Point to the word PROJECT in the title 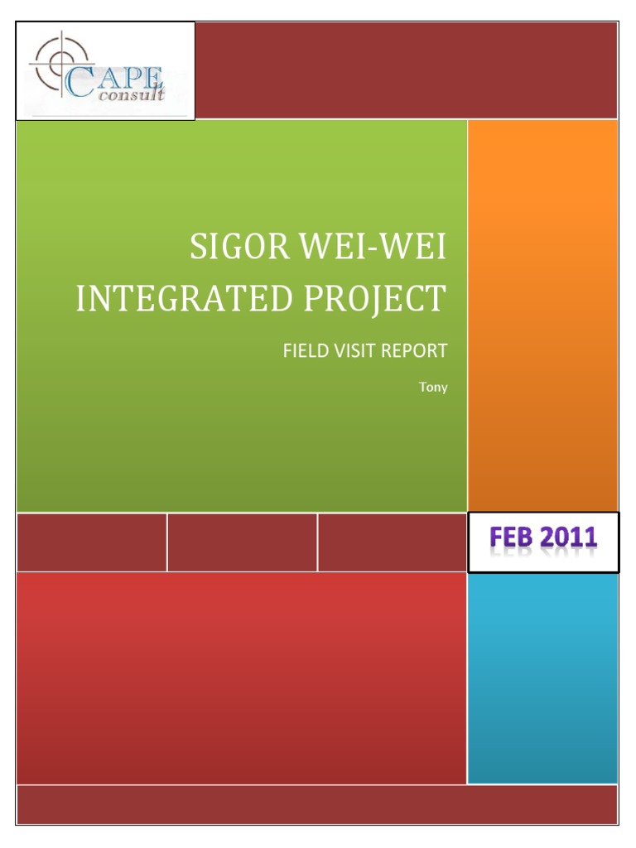coord(374,299)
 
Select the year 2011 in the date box coord(568,539)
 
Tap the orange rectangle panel coord(542,315)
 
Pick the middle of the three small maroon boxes coord(242,542)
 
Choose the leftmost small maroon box coord(91,542)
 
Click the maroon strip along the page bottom coord(317,804)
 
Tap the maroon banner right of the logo coord(406,70)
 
